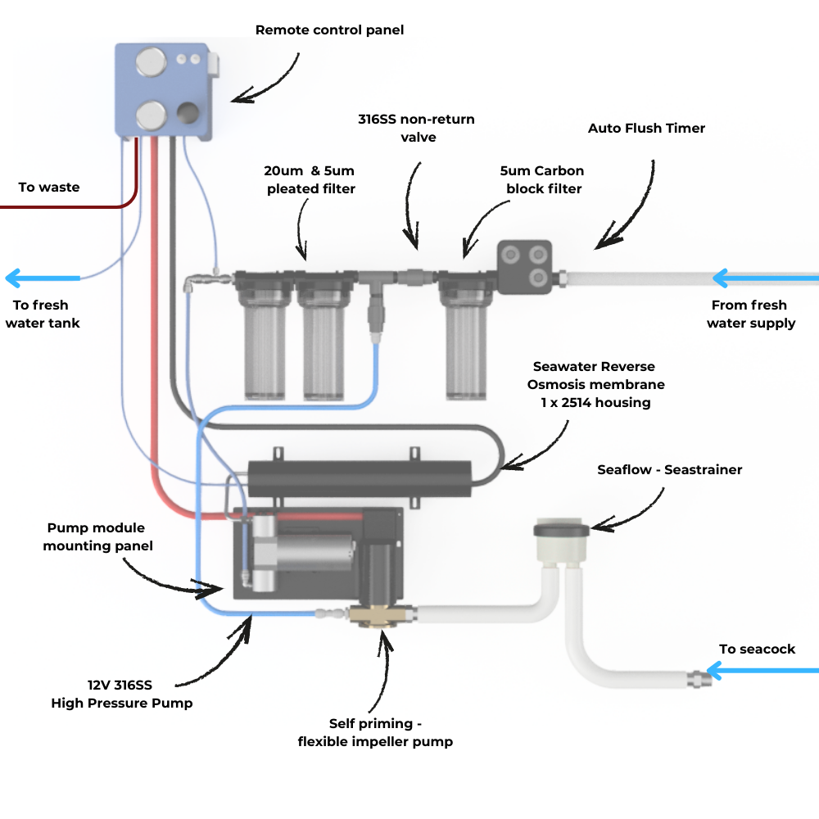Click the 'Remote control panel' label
click(329, 30)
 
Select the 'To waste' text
click(49, 188)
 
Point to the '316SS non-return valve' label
click(416, 129)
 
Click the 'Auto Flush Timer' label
click(646, 129)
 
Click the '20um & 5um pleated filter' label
click(310, 180)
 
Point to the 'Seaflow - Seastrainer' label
click(669, 470)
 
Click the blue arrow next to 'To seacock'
click(762, 671)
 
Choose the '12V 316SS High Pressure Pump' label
click(122, 695)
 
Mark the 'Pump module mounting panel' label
click(97, 536)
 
